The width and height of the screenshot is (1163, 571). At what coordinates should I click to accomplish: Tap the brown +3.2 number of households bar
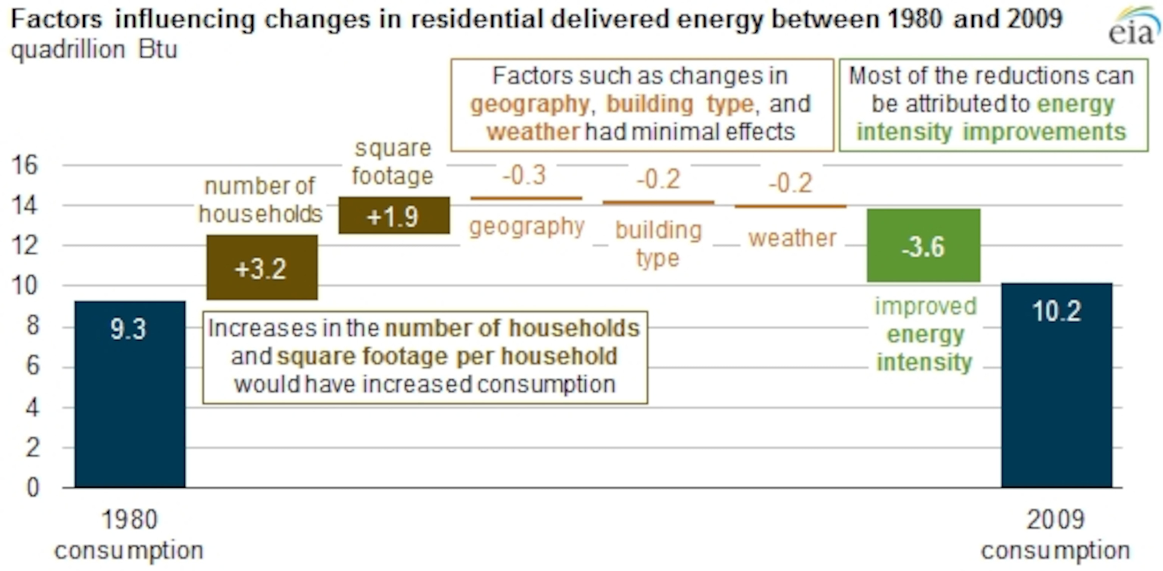pyautogui.click(x=262, y=268)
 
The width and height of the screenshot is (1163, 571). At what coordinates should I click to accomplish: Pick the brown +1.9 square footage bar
pyautogui.click(x=394, y=216)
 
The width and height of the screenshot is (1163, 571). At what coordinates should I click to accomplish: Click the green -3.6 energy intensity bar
pyautogui.click(x=923, y=245)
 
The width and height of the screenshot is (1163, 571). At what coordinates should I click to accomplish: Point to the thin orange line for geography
pyautogui.click(x=526, y=198)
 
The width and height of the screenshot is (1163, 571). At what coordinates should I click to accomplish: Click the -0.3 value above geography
pyautogui.click(x=524, y=175)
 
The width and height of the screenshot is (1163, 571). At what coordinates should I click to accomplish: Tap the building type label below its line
pyautogui.click(x=658, y=244)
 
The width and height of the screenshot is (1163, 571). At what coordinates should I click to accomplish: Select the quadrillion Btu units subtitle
pyautogui.click(x=94, y=50)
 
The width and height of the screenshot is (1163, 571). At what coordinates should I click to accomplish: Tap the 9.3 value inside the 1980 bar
pyautogui.click(x=129, y=329)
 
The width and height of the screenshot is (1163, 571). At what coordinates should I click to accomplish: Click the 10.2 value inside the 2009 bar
pyautogui.click(x=1057, y=311)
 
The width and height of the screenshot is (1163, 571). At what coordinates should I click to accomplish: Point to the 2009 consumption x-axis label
pyautogui.click(x=1055, y=535)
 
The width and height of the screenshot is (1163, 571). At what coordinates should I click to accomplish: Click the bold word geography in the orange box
pyautogui.click(x=530, y=104)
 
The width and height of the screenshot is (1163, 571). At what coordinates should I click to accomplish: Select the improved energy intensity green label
pyautogui.click(x=925, y=334)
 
